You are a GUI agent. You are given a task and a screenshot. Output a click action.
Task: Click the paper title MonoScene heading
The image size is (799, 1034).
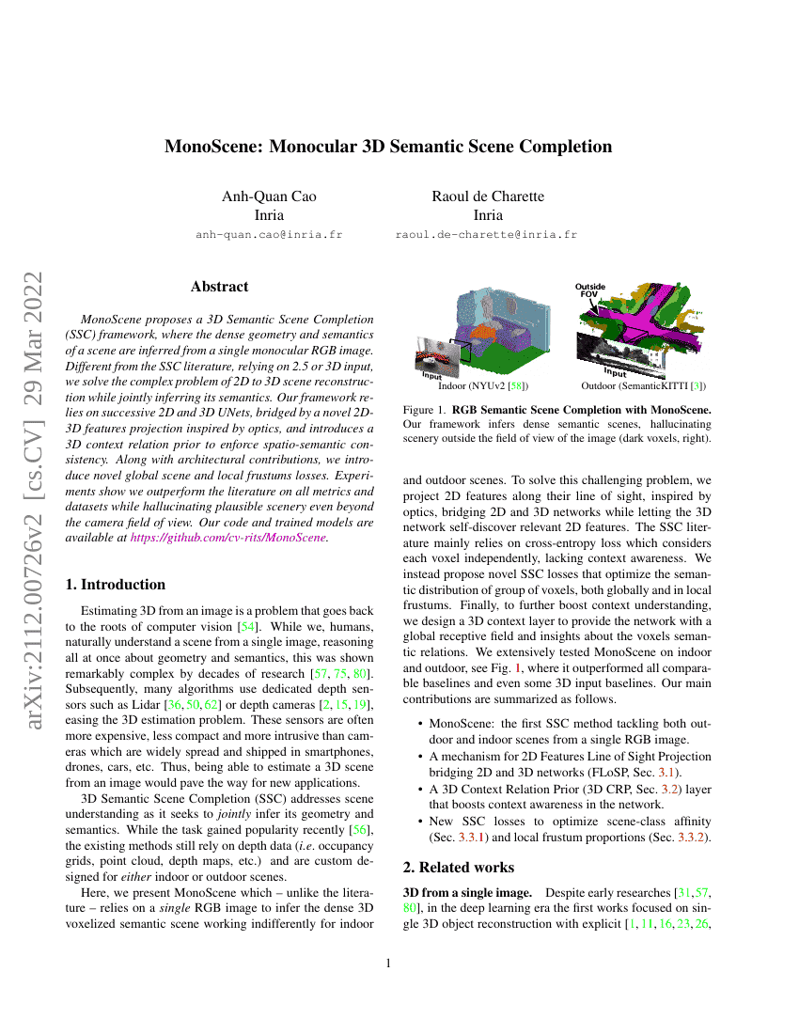tap(388, 147)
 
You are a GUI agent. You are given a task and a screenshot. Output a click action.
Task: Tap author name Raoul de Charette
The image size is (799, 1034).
tap(487, 196)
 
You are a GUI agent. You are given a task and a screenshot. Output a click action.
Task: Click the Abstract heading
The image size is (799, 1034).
tap(219, 287)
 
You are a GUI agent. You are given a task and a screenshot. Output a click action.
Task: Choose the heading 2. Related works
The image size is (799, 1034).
tap(455, 867)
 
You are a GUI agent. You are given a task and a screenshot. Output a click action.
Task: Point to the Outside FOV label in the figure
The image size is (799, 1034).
tap(590, 290)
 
